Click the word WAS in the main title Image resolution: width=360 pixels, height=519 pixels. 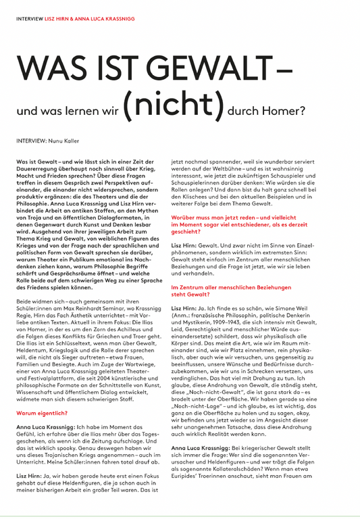[x=46, y=68]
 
